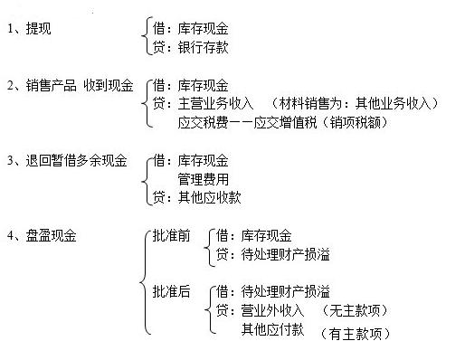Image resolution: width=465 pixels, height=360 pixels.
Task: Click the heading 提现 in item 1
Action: coord(43,28)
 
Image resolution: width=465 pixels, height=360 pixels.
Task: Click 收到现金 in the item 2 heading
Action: coord(110,87)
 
